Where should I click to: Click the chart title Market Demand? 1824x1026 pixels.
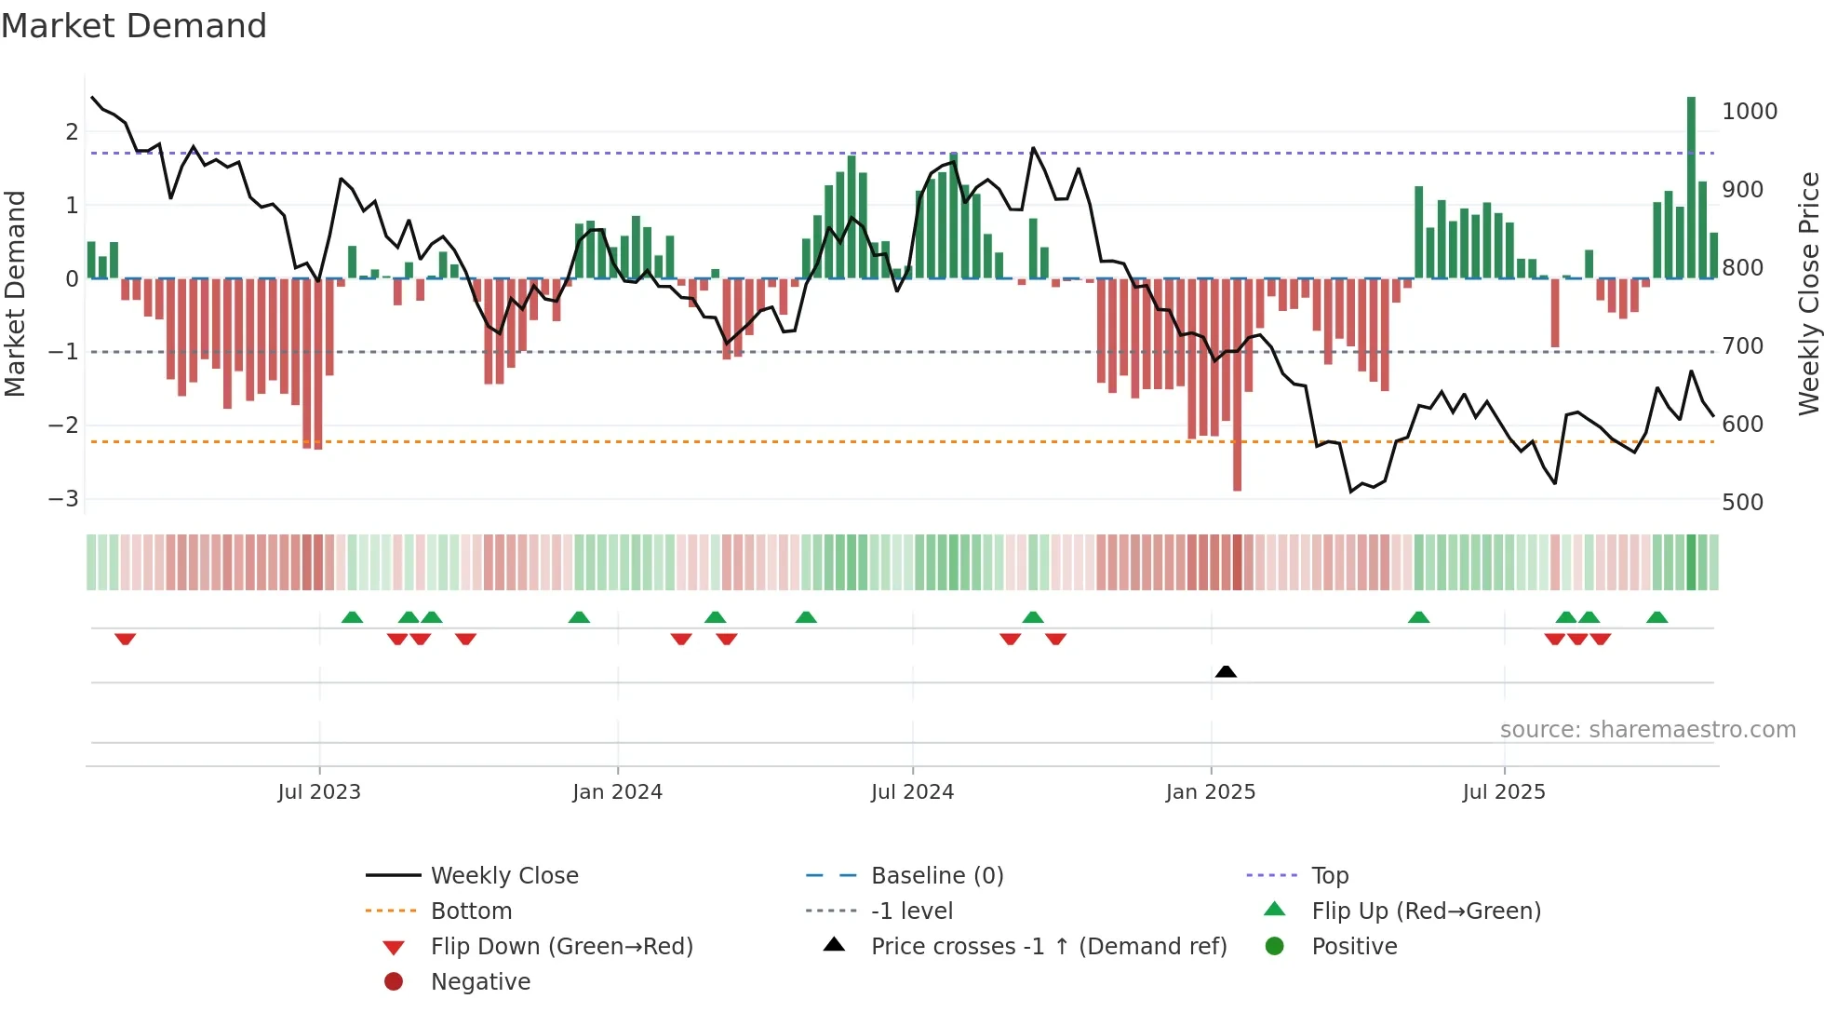(x=134, y=26)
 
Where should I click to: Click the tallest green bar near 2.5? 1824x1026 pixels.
(x=1691, y=186)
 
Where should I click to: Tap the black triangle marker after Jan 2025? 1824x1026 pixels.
(x=1226, y=671)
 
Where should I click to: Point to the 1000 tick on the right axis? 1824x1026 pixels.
(x=1750, y=112)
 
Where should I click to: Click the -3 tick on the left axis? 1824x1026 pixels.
(x=64, y=499)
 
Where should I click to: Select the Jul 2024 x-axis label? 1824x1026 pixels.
(x=912, y=792)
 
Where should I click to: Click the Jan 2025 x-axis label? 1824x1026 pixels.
(x=1210, y=792)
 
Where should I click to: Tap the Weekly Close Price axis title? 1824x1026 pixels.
(x=1808, y=293)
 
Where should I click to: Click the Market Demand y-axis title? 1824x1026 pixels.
(x=16, y=293)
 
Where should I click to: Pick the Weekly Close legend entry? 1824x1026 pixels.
(x=503, y=876)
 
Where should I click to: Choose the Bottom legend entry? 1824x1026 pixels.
(x=471, y=911)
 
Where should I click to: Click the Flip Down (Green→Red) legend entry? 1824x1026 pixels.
(x=561, y=947)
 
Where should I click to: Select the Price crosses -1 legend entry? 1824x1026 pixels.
(x=1048, y=947)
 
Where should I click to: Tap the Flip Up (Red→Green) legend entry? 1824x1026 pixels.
(x=1426, y=911)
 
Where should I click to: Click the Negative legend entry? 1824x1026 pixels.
(x=480, y=982)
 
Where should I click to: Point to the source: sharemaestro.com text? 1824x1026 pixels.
(x=1647, y=730)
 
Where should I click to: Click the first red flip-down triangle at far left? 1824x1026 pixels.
(x=126, y=639)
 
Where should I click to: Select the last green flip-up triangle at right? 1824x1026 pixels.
(x=1656, y=617)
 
